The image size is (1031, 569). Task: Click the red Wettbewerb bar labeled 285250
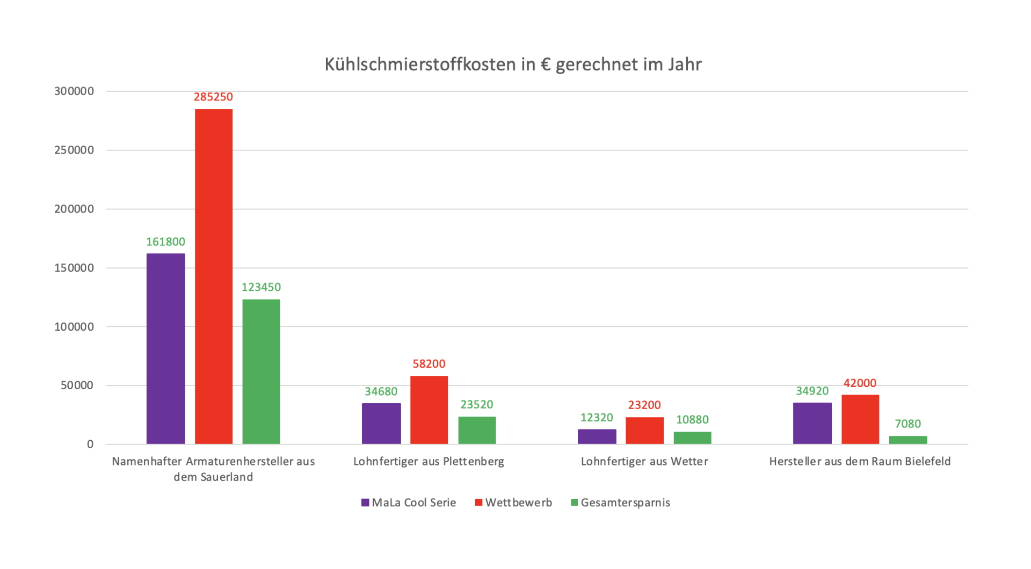coord(214,276)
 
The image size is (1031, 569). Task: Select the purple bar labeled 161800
coord(165,349)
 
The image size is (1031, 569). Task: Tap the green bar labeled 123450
coord(261,371)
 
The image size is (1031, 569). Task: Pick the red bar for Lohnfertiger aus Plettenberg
coord(429,410)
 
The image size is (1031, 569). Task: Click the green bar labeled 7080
coord(908,440)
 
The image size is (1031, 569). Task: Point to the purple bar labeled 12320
coord(597,436)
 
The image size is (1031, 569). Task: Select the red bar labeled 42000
coord(860,419)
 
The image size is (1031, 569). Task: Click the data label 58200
coord(429,364)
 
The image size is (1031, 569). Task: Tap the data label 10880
coord(692,420)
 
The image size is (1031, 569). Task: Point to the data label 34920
coord(812,391)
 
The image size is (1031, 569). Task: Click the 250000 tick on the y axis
coord(74,150)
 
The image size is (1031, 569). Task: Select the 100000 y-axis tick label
coord(74,327)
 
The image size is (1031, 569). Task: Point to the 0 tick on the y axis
coord(90,444)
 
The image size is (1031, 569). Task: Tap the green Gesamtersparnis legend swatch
coord(574,503)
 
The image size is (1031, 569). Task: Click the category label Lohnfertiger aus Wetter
coord(644,462)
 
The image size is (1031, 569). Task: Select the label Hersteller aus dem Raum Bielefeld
coord(860,462)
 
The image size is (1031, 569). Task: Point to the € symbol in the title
coord(546,64)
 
